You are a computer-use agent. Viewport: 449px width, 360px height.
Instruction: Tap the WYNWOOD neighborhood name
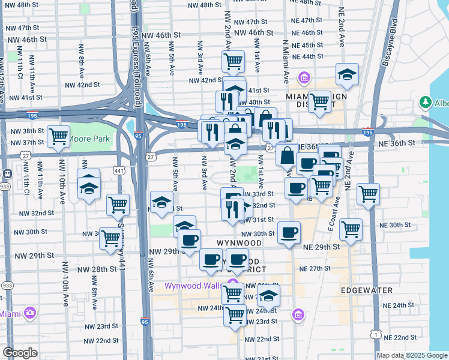[240, 243]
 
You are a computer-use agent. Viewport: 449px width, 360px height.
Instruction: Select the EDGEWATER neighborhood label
[366, 290]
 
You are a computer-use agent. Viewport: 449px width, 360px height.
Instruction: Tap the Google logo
[20, 353]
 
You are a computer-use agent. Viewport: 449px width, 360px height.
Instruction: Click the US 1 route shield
[376, 334]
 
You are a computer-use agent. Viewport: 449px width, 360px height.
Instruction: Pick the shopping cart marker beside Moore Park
[58, 136]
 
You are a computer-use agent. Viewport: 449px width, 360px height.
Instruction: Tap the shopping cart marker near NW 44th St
[233, 61]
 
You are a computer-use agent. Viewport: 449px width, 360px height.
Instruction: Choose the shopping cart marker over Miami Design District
[319, 101]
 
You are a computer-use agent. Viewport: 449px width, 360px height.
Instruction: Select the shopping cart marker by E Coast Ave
[351, 229]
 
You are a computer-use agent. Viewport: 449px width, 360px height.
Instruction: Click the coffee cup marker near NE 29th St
[289, 232]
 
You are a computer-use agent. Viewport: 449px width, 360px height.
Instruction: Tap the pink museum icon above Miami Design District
[304, 78]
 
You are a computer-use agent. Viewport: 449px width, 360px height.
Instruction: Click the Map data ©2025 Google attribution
[412, 355]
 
